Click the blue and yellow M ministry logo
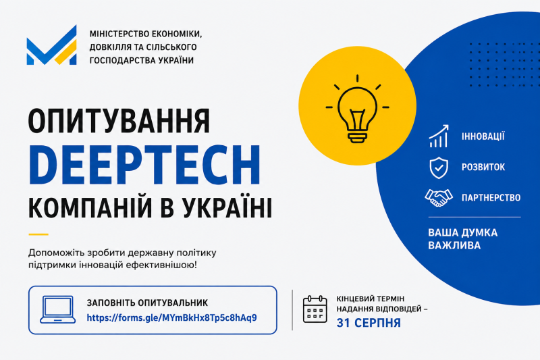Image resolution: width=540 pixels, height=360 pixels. pyautogui.click(x=52, y=45)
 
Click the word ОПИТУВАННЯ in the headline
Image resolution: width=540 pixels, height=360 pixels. pyautogui.click(x=119, y=121)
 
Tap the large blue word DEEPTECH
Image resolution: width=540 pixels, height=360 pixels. pyautogui.click(x=144, y=165)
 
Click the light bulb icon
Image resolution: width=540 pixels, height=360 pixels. pyautogui.click(x=357, y=109)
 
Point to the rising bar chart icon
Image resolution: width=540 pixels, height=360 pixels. pyautogui.click(x=439, y=136)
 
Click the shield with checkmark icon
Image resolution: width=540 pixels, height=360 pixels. pyautogui.click(x=439, y=168)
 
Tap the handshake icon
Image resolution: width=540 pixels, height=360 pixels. pyautogui.click(x=438, y=197)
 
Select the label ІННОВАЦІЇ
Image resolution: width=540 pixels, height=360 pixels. pyautogui.click(x=483, y=136)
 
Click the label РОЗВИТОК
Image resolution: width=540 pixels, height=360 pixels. pyautogui.click(x=483, y=167)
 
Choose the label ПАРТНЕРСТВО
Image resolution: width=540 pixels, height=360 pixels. pyautogui.click(x=491, y=198)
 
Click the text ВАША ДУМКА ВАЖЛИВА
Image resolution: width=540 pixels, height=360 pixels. pyautogui.click(x=462, y=238)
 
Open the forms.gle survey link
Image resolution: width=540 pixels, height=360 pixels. pyautogui.click(x=171, y=317)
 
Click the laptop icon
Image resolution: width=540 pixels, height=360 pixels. pyautogui.click(x=57, y=310)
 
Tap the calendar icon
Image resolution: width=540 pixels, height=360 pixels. pyautogui.click(x=315, y=309)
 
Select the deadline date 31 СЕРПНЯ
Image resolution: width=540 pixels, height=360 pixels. pyautogui.click(x=369, y=323)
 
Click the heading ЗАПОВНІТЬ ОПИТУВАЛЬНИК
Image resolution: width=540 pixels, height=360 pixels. pyautogui.click(x=147, y=303)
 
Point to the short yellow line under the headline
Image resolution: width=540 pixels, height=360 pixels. pyautogui.click(x=38, y=234)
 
